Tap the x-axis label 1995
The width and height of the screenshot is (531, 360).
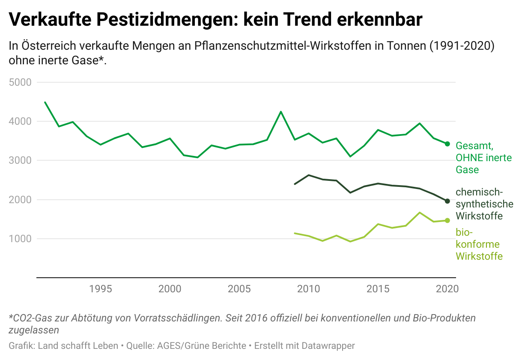coord(101,288)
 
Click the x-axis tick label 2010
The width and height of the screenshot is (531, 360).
coord(308,288)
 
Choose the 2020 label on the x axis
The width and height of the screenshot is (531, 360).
coord(447,288)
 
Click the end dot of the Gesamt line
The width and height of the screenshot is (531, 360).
coord(447,144)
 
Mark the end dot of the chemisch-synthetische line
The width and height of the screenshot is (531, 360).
coord(447,201)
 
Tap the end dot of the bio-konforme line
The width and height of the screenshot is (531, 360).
coord(447,220)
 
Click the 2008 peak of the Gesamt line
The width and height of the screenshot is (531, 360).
coord(281,112)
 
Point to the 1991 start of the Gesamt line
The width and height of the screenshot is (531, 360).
coord(45,102)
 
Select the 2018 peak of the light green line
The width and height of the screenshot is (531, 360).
coord(420,213)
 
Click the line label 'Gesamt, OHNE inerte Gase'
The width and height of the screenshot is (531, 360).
coord(483,157)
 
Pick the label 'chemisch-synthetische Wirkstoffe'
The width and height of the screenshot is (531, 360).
coord(484,204)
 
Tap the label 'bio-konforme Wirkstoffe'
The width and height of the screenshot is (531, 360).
coord(479,244)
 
